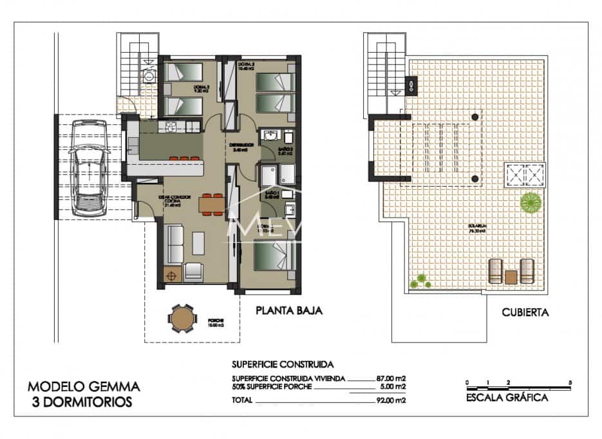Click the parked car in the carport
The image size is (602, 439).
click(88, 168)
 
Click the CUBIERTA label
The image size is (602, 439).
click(525, 313)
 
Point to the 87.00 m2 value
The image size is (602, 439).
click(391, 378)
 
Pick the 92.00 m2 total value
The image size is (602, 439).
click(391, 400)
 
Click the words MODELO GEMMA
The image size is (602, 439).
click(84, 387)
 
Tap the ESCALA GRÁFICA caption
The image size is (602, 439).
click(507, 397)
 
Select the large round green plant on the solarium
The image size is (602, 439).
click(530, 203)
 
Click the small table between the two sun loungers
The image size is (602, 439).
click(511, 277)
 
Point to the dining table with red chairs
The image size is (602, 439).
click(211, 204)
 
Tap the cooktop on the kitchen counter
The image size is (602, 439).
click(171, 127)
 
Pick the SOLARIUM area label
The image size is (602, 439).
click(477, 227)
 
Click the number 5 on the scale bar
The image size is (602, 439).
click(570, 383)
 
